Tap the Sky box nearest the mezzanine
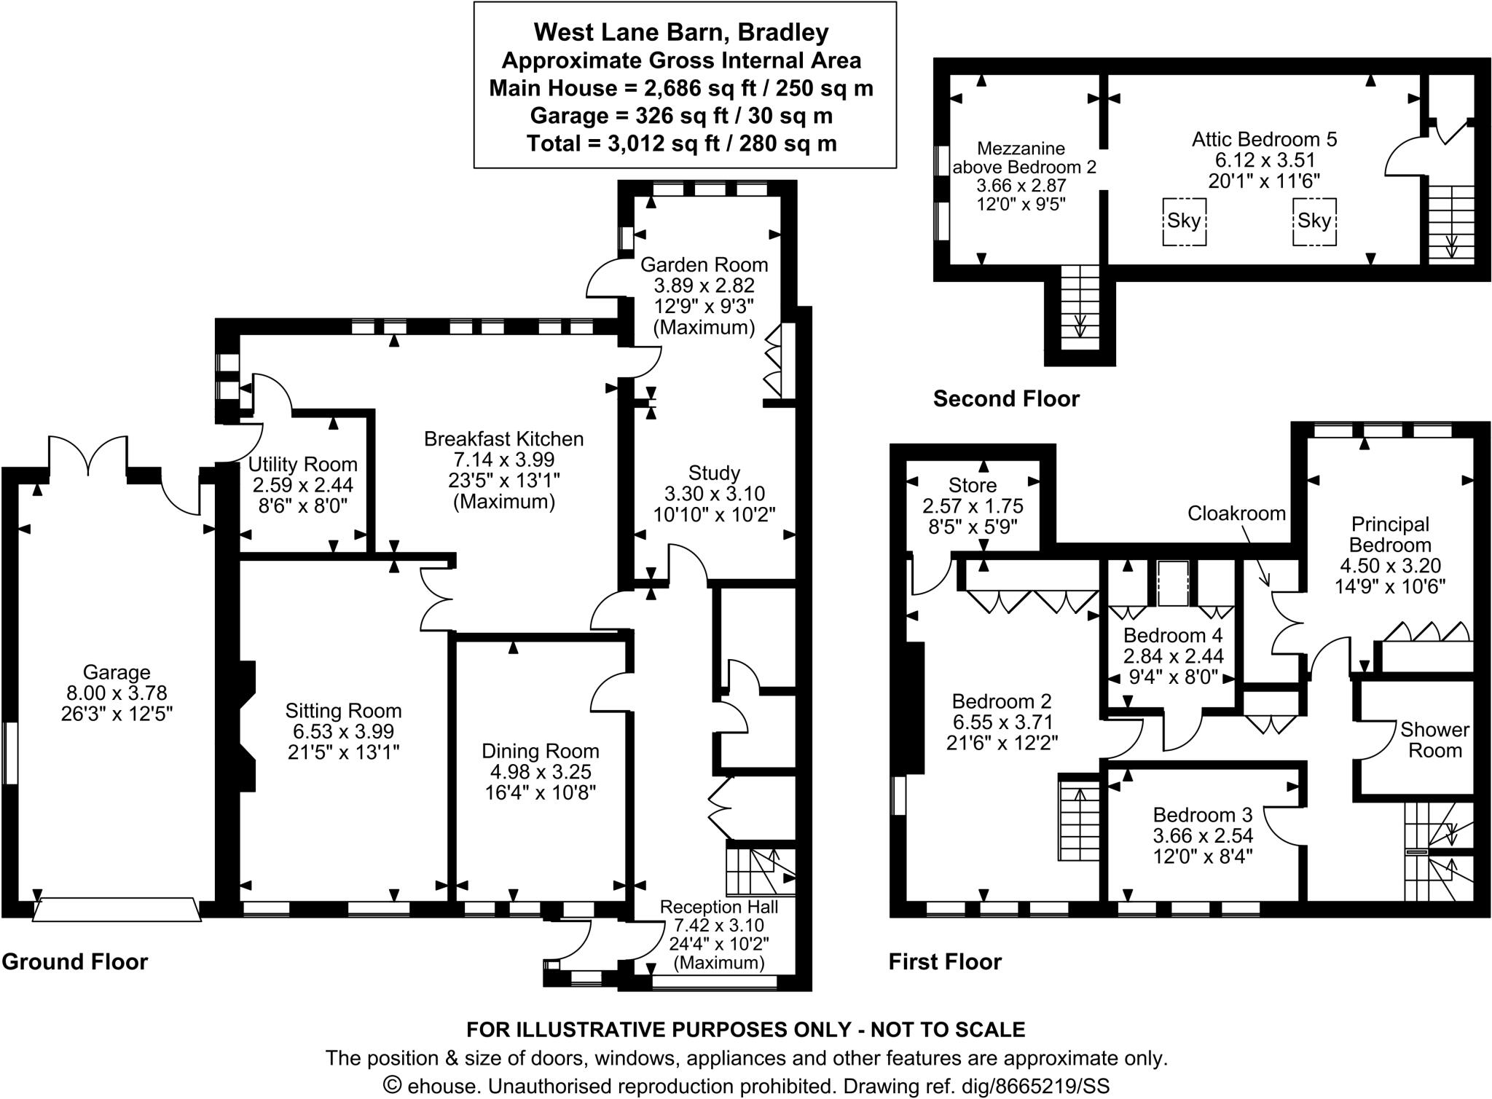1184,221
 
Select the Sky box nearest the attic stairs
1314,221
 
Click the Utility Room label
303,465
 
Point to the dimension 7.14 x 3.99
504,460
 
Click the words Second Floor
1006,399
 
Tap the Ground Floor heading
75,962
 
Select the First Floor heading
945,962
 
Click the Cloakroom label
1236,513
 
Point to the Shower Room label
1434,740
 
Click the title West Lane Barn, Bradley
681,33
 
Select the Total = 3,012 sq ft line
681,143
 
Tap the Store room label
973,485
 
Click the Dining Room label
541,751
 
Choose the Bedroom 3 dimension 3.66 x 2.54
1202,835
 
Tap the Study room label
714,473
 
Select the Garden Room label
704,264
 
